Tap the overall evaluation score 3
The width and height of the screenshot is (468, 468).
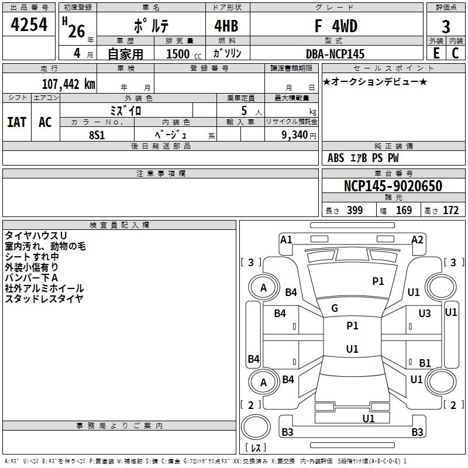click(446, 27)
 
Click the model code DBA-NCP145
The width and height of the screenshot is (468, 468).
click(335, 54)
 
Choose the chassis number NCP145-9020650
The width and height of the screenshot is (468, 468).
click(393, 186)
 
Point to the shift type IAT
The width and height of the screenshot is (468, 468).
click(17, 122)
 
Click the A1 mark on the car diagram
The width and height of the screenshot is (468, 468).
click(286, 239)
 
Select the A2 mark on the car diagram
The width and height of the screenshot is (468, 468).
click(417, 239)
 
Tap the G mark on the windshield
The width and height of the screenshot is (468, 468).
click(335, 308)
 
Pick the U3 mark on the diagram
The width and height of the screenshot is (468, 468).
click(425, 314)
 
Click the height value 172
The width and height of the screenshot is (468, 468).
click(450, 211)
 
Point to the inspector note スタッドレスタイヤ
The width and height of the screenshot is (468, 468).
click(44, 298)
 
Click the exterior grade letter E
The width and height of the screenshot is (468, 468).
click(435, 54)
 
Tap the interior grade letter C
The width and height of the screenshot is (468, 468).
click(455, 54)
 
